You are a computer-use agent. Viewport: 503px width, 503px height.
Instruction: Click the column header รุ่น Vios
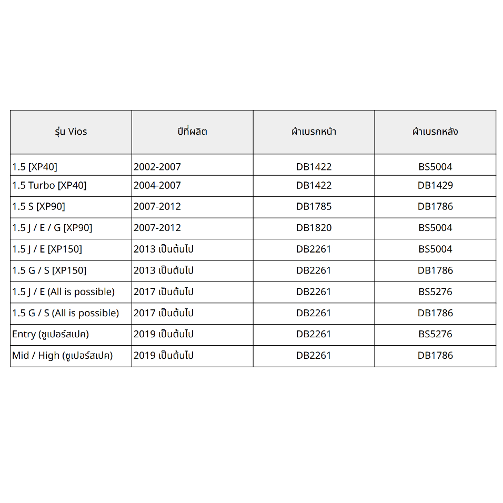(71, 132)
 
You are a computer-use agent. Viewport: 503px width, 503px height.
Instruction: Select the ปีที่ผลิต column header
(192, 132)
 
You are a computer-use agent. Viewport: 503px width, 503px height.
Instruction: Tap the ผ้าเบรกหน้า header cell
(314, 132)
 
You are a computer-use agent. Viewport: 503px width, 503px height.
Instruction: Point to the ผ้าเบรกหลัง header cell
(435, 132)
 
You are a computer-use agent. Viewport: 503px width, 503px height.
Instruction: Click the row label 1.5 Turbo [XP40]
(49, 186)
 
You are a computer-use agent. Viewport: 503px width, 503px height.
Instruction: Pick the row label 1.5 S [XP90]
(38, 207)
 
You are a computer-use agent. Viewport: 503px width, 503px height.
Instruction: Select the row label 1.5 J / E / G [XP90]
(52, 228)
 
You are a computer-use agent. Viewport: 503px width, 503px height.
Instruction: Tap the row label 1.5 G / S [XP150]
(49, 270)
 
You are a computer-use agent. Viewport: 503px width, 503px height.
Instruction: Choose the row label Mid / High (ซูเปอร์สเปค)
(63, 356)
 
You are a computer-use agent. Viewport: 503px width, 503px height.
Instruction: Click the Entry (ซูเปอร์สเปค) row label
(51, 334)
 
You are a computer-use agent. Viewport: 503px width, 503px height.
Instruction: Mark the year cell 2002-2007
(157, 167)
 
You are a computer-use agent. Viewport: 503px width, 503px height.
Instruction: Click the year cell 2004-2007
(157, 186)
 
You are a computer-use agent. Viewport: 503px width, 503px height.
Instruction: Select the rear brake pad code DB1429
(435, 186)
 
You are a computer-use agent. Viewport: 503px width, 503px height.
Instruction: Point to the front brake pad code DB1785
(314, 207)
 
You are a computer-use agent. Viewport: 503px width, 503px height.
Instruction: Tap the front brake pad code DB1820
(314, 228)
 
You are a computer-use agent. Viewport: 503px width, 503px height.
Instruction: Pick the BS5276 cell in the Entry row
(435, 334)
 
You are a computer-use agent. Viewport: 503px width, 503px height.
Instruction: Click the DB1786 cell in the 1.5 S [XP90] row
(435, 207)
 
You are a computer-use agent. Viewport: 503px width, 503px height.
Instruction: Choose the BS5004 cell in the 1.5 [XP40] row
(435, 167)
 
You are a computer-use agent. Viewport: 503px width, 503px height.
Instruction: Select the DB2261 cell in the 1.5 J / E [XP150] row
(314, 249)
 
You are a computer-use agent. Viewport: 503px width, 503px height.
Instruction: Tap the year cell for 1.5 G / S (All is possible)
(164, 313)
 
